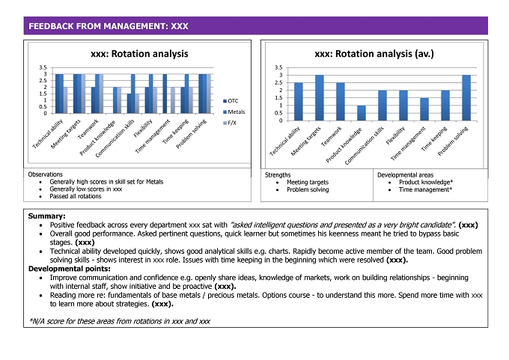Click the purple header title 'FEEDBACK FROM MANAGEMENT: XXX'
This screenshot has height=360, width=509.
click(x=109, y=26)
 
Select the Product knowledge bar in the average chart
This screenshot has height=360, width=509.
click(x=362, y=113)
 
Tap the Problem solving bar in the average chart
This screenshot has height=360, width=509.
click(x=466, y=98)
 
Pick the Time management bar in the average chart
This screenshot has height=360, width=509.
click(x=424, y=109)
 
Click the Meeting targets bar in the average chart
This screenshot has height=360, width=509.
click(x=320, y=98)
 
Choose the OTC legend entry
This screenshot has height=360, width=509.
click(x=231, y=101)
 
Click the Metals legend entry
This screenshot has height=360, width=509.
click(x=234, y=112)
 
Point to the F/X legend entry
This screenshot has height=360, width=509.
click(x=230, y=123)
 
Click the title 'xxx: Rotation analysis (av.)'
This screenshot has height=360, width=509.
click(x=374, y=54)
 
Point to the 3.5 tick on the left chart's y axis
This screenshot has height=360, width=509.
click(x=43, y=67)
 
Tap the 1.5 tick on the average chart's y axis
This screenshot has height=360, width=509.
click(x=278, y=98)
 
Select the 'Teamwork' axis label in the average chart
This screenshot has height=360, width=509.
click(x=332, y=136)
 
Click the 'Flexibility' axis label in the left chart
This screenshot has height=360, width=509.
click(x=143, y=129)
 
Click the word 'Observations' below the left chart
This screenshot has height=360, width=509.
click(x=45, y=174)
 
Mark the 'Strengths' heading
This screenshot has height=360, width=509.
click(x=278, y=175)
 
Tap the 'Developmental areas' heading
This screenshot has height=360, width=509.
click(x=405, y=175)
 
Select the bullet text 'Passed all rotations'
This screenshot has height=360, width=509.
click(x=76, y=196)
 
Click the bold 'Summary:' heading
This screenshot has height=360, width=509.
click(x=46, y=216)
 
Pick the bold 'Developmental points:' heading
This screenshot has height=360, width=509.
click(x=70, y=269)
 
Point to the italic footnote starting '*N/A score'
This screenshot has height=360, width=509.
click(x=120, y=321)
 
